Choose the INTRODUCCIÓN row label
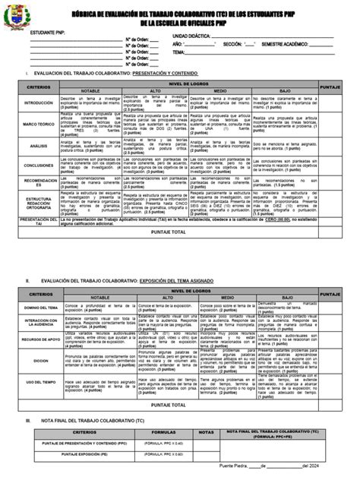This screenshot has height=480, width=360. coord(39,103)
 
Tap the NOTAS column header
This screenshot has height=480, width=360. coord(206,431)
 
